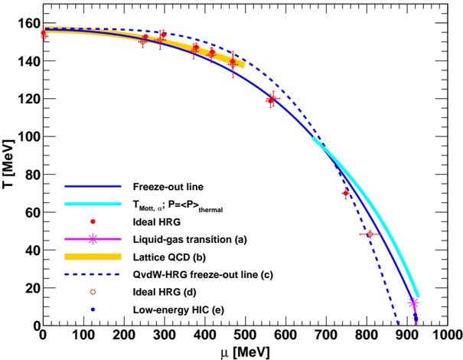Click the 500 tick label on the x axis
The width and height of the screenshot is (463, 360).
pyautogui.click(x=245, y=336)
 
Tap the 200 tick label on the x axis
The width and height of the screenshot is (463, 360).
pyautogui.click(x=124, y=336)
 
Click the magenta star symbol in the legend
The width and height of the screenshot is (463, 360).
pyautogui.click(x=93, y=239)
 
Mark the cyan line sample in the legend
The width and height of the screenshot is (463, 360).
pyautogui.click(x=93, y=204)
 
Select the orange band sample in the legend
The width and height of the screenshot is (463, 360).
pyautogui.click(x=93, y=257)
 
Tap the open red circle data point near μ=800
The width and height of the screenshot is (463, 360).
pyautogui.click(x=370, y=234)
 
